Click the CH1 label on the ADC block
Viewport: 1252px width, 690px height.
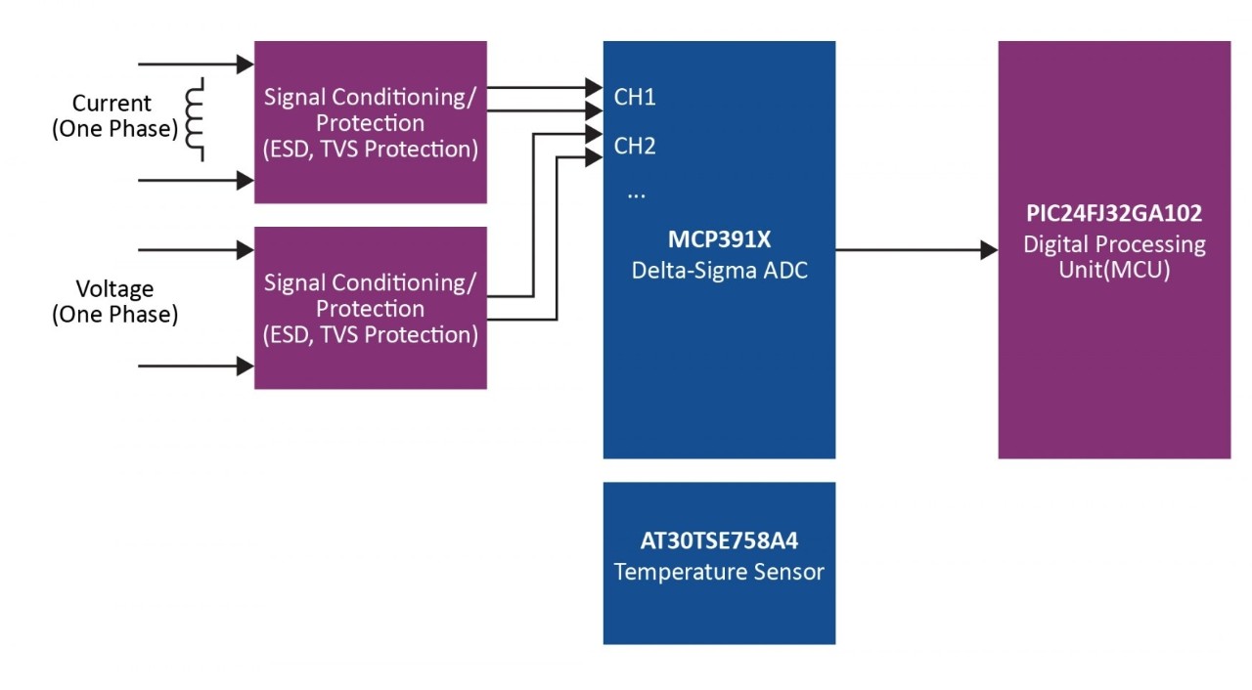tap(635, 98)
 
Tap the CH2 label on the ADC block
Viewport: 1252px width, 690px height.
tap(635, 147)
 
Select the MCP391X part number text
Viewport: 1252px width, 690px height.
tap(719, 240)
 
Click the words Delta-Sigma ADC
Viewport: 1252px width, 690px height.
tap(719, 270)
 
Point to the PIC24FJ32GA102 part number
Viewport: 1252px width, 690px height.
tap(1114, 213)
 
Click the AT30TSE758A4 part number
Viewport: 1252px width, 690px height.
tap(719, 540)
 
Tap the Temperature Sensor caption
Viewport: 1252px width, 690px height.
tap(719, 572)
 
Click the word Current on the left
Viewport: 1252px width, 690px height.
tap(112, 104)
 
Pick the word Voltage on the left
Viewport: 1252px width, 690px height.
tap(114, 289)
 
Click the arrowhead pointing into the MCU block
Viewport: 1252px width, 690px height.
tap(989, 250)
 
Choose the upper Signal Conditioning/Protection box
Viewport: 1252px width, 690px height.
tap(371, 122)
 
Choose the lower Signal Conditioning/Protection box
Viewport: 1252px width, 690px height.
tap(371, 308)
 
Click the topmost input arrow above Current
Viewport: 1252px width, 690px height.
tap(196, 65)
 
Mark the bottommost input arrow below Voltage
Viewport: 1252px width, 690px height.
tap(196, 367)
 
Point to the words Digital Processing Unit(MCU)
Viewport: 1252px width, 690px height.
tap(1114, 256)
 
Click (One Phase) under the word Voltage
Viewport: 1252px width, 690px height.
tap(114, 315)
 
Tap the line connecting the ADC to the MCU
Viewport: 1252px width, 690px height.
tap(910, 250)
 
